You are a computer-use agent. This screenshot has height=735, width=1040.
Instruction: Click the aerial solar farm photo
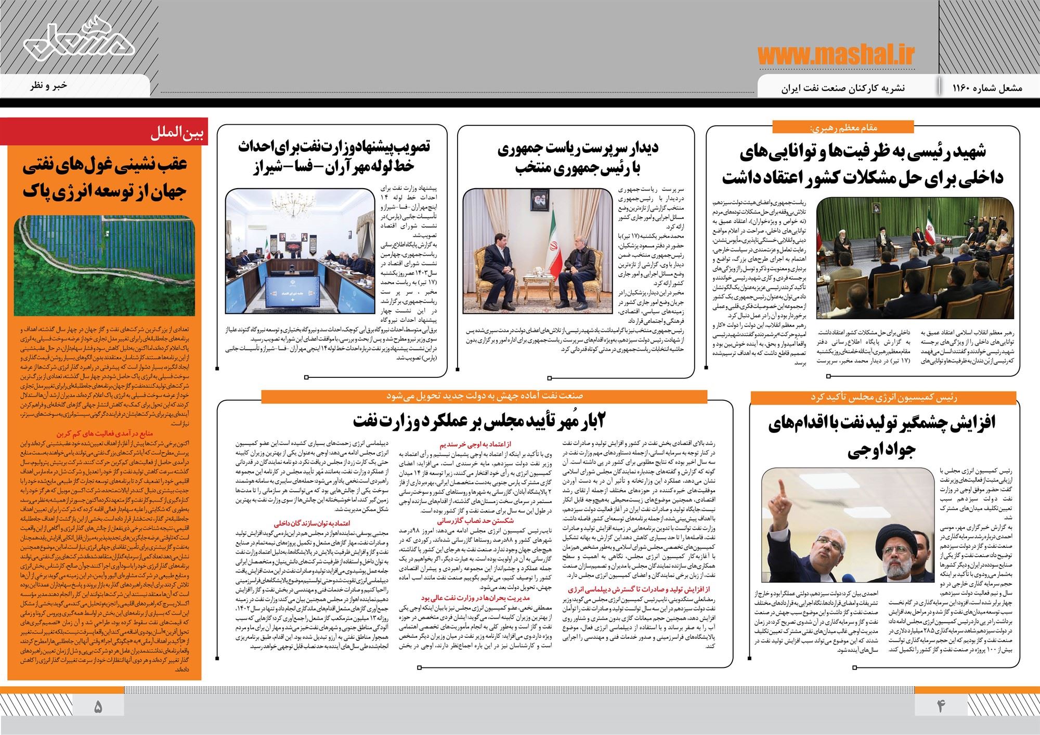coord(105,265)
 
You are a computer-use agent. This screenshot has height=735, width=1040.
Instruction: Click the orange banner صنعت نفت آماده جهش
coord(485,395)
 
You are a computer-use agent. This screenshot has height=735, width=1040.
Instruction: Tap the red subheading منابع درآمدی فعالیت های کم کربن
coord(107,432)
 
